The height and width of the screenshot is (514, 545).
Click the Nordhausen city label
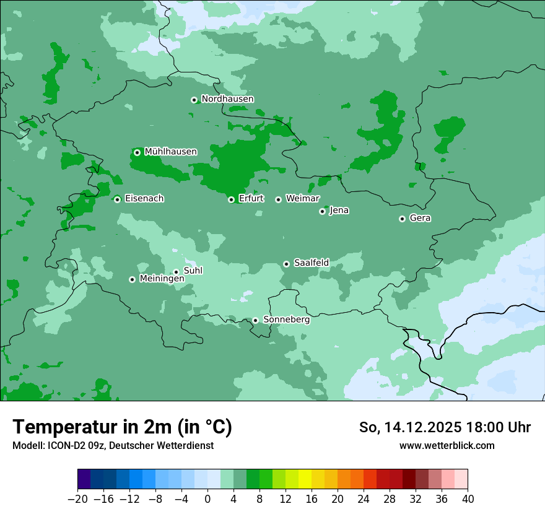click(227, 99)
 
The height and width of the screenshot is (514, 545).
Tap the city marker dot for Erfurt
click(231, 199)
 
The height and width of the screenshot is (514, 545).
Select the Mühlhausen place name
click(170, 152)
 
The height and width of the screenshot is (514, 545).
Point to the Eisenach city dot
click(117, 199)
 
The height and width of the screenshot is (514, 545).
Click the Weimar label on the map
click(302, 199)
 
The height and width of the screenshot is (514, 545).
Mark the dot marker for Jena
click(322, 211)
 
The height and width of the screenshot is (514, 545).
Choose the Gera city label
click(420, 218)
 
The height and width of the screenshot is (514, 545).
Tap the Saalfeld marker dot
click(286, 264)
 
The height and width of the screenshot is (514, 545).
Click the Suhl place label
click(193, 271)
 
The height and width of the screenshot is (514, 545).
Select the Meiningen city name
click(162, 279)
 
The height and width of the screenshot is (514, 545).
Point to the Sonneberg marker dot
click(255, 320)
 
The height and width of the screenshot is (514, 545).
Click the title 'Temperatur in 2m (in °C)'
click(122, 427)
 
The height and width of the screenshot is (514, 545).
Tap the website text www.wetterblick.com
click(447, 445)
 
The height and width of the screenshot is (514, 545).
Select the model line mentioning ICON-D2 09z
click(113, 445)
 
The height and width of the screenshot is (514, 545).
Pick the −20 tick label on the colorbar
click(77, 499)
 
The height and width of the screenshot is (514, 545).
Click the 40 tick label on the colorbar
click(468, 499)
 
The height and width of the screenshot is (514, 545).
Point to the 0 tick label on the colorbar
click(207, 499)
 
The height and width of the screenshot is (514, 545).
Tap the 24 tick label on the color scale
click(364, 499)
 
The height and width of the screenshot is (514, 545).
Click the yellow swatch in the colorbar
click(305, 479)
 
